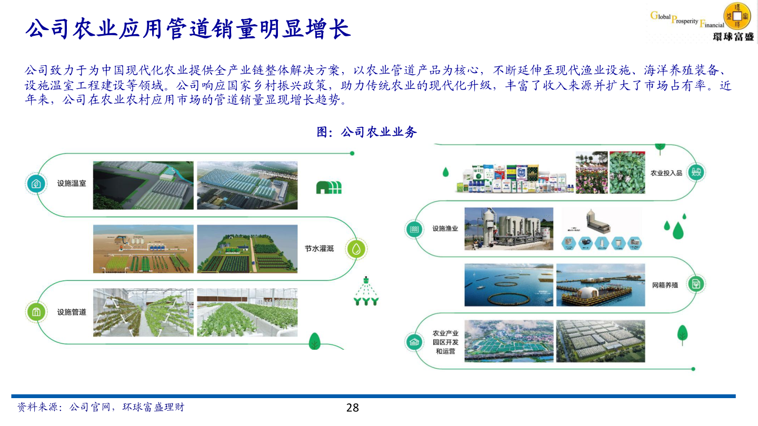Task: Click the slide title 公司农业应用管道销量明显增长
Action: pyautogui.click(x=188, y=29)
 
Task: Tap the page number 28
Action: pyautogui.click(x=352, y=408)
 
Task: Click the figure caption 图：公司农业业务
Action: pyautogui.click(x=367, y=132)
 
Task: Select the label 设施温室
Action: pyautogui.click(x=72, y=184)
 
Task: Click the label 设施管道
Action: pyautogui.click(x=72, y=312)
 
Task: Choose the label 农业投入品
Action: pyautogui.click(x=666, y=173)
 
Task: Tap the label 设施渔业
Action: pyautogui.click(x=445, y=229)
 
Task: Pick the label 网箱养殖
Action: pyautogui.click(x=665, y=285)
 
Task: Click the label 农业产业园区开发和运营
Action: pyautogui.click(x=445, y=342)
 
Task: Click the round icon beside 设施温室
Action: pyautogui.click(x=35, y=184)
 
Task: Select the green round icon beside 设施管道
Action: pyautogui.click(x=36, y=312)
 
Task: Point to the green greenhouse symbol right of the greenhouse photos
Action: pyautogui.click(x=328, y=188)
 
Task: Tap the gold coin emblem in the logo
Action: pyautogui.click(x=737, y=16)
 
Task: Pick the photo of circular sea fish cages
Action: pyautogui.click(x=508, y=285)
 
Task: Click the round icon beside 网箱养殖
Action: pyautogui.click(x=696, y=285)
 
